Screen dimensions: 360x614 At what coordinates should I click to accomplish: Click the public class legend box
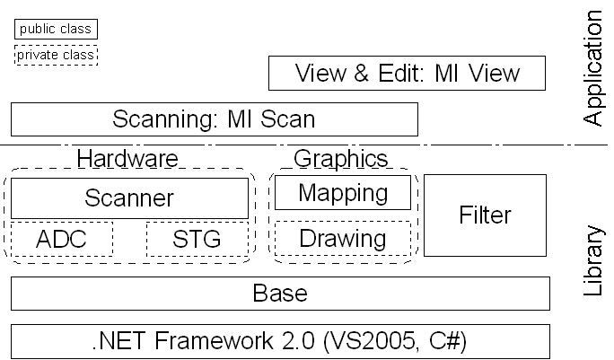(55, 30)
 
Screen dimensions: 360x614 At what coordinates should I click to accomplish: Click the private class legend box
(55, 56)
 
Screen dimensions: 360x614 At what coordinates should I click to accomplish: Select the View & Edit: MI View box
(408, 74)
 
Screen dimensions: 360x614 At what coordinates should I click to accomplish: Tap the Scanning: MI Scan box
(214, 119)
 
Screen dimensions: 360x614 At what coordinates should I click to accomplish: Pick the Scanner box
(128, 198)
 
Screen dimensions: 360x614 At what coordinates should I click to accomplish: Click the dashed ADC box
(62, 240)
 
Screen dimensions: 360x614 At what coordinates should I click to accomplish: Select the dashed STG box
(197, 240)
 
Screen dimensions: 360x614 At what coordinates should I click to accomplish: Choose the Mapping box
(342, 192)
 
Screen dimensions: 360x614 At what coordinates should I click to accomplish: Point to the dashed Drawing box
(342, 239)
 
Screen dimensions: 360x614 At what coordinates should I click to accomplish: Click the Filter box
(485, 215)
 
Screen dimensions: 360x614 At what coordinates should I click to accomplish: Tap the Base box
(280, 294)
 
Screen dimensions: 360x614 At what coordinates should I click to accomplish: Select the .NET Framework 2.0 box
(280, 341)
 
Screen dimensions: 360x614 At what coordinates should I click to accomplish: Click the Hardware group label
(127, 160)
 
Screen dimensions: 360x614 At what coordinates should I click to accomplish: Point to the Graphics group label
(341, 160)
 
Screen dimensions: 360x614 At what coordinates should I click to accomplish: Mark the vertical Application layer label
(593, 68)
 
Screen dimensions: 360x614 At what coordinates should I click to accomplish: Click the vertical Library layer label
(593, 260)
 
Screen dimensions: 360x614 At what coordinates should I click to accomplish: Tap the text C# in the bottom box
(445, 341)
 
